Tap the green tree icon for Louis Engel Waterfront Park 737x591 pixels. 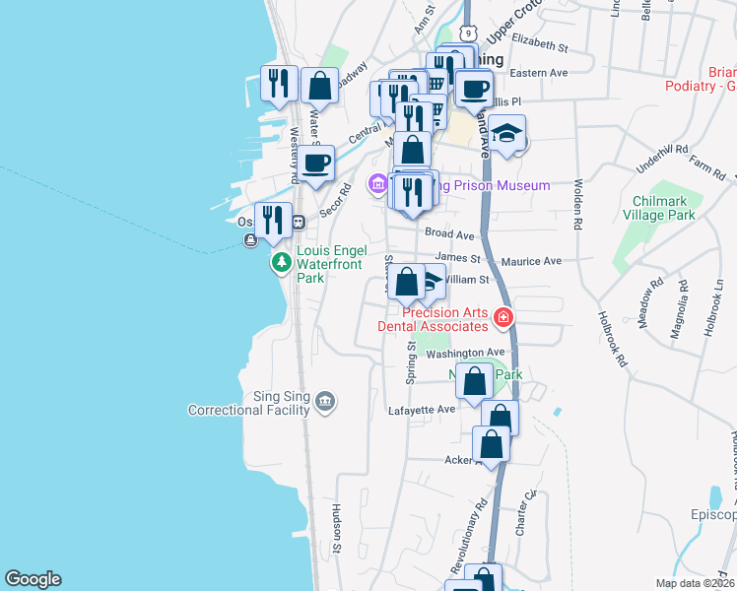(282, 263)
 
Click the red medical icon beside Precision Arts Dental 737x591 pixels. (503, 317)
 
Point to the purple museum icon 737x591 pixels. (376, 184)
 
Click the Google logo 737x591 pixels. (33, 579)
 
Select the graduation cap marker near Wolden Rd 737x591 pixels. (506, 134)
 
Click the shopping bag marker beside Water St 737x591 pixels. (319, 87)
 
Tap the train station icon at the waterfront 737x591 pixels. (299, 223)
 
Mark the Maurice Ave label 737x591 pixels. (531, 262)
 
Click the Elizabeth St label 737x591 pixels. (540, 46)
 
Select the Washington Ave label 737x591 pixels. (466, 353)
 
